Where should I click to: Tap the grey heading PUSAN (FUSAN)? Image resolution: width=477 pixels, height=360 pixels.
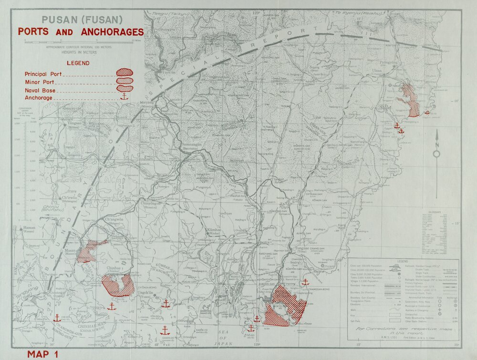coord(82,20)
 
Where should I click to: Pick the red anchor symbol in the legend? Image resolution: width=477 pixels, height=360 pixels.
coord(124,96)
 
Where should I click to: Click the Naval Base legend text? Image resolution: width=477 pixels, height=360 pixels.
coord(41,90)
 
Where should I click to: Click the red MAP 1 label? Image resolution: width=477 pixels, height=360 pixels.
coord(42,354)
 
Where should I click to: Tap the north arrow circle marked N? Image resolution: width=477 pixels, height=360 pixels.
coord(436,154)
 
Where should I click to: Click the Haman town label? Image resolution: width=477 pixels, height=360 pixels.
coord(29,228)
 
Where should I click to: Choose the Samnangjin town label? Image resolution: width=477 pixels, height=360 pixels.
coord(192,145)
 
